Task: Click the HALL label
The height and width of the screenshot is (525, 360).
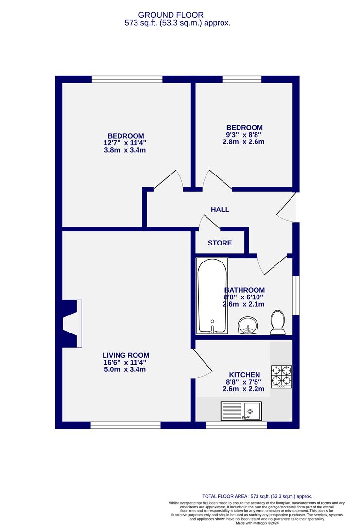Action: click(220, 210)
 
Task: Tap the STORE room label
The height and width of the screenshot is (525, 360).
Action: click(220, 243)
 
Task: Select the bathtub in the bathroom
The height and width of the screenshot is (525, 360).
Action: click(212, 295)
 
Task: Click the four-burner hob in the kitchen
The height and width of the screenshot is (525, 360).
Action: click(281, 376)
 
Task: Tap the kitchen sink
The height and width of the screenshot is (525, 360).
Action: click(241, 411)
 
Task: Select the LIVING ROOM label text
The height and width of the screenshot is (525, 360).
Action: click(125, 355)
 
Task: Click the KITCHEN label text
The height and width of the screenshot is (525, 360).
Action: click(244, 375)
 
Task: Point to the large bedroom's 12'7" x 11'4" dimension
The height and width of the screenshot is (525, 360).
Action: click(125, 143)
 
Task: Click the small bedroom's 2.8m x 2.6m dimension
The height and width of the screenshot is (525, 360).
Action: click(244, 142)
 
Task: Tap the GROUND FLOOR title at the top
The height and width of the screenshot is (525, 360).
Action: click(177, 15)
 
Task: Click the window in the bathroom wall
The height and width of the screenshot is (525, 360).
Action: click(296, 296)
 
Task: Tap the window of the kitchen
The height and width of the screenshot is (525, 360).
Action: click(236, 425)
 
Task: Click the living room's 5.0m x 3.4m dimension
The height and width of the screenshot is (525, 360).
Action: click(125, 369)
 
